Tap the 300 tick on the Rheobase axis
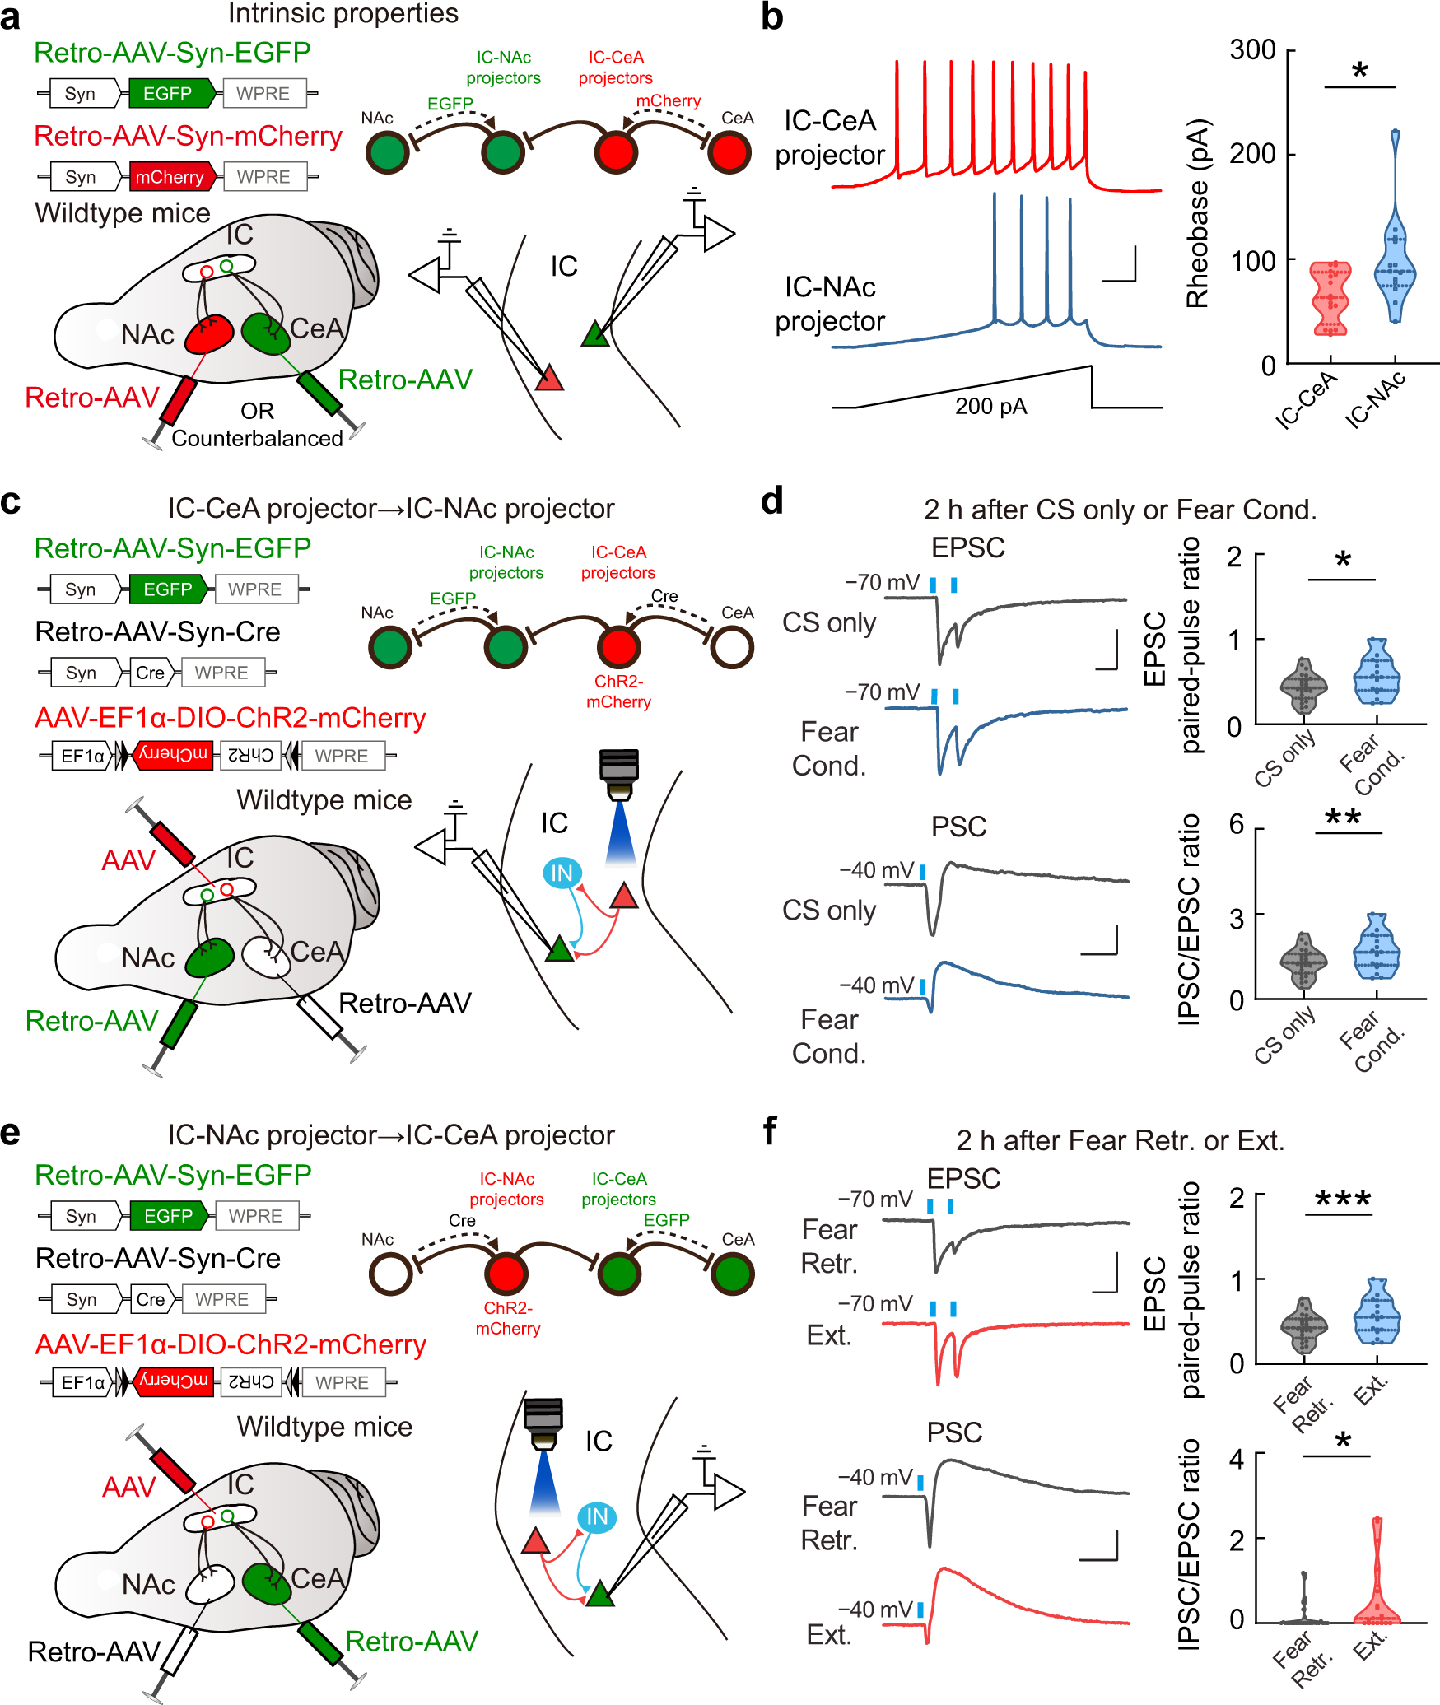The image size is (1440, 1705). click(1253, 49)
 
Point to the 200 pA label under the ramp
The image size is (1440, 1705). click(990, 407)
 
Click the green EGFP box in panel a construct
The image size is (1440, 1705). click(168, 94)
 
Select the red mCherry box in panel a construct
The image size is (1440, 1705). click(170, 177)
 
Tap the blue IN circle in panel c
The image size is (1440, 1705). click(562, 873)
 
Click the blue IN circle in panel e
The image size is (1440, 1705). click(597, 1516)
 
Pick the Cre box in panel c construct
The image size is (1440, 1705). click(150, 673)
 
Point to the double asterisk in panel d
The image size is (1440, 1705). click(1343, 818)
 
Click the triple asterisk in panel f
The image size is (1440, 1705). click(1343, 1199)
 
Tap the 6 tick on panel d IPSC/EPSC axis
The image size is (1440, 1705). click(1237, 824)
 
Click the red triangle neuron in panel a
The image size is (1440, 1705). click(549, 379)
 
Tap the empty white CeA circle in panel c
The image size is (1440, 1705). click(731, 647)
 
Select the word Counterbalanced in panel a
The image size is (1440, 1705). click(257, 438)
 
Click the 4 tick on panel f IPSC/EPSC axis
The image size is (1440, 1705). click(1237, 1459)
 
